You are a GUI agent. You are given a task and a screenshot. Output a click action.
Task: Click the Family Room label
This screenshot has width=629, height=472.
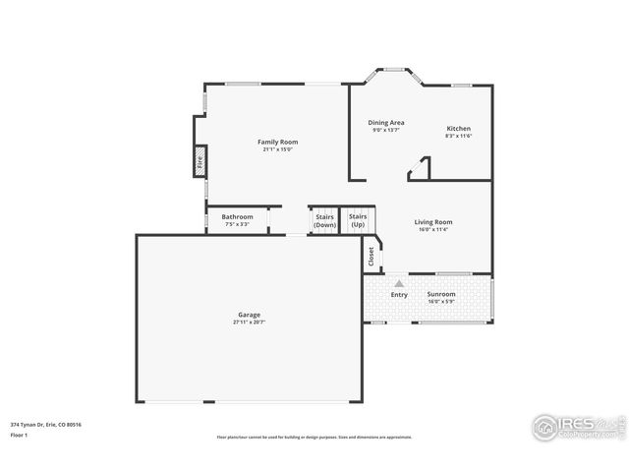click(277, 142)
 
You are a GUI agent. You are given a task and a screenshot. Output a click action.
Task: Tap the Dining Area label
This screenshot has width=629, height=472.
click(386, 123)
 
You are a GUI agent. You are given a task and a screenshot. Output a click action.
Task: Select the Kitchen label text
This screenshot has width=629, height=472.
click(458, 129)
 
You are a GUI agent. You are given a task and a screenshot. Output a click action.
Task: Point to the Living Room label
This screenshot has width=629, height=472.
click(432, 222)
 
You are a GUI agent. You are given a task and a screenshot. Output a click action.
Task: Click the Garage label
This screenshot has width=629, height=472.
click(249, 315)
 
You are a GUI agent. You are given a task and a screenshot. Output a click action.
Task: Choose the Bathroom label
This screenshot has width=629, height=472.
click(237, 217)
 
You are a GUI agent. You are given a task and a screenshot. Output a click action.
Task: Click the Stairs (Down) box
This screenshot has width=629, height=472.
click(324, 221)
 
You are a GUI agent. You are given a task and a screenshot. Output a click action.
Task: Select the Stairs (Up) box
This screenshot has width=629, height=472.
click(358, 221)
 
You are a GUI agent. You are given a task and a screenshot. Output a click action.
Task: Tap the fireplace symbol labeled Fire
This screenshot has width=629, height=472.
click(200, 162)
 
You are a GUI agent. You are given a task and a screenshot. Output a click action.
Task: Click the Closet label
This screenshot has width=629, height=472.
click(371, 256)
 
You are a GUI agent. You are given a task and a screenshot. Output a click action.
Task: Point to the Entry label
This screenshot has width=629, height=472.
click(399, 294)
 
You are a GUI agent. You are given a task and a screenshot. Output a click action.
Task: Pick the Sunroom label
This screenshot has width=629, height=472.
click(441, 294)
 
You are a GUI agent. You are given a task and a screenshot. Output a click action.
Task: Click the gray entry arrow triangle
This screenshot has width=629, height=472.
click(399, 283)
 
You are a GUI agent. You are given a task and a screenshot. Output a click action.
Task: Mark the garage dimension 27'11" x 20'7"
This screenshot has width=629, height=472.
click(249, 322)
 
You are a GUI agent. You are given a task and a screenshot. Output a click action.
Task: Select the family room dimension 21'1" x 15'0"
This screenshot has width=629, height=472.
click(277, 149)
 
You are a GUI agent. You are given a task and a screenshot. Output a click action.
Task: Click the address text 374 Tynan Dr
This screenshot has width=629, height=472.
click(45, 424)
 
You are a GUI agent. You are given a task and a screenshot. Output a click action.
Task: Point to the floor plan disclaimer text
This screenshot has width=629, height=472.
click(314, 437)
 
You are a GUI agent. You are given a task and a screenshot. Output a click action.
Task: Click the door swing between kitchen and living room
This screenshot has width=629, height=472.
click(420, 169)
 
